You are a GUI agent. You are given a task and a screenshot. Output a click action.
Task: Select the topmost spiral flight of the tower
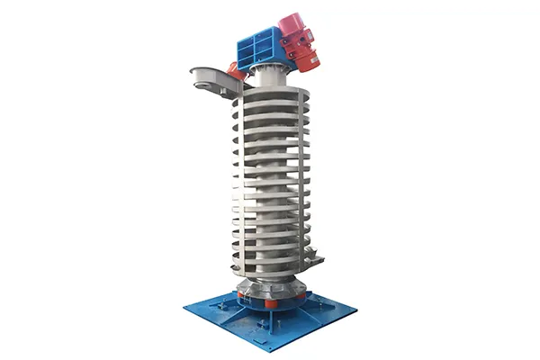[x=270, y=98]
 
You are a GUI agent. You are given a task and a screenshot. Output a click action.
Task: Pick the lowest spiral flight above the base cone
[x=270, y=270]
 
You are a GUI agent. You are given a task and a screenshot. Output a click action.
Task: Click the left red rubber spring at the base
[x=241, y=294]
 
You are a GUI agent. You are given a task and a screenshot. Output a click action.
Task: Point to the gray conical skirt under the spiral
[x=269, y=285]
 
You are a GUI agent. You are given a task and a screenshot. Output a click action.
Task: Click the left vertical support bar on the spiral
[x=236, y=180]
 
